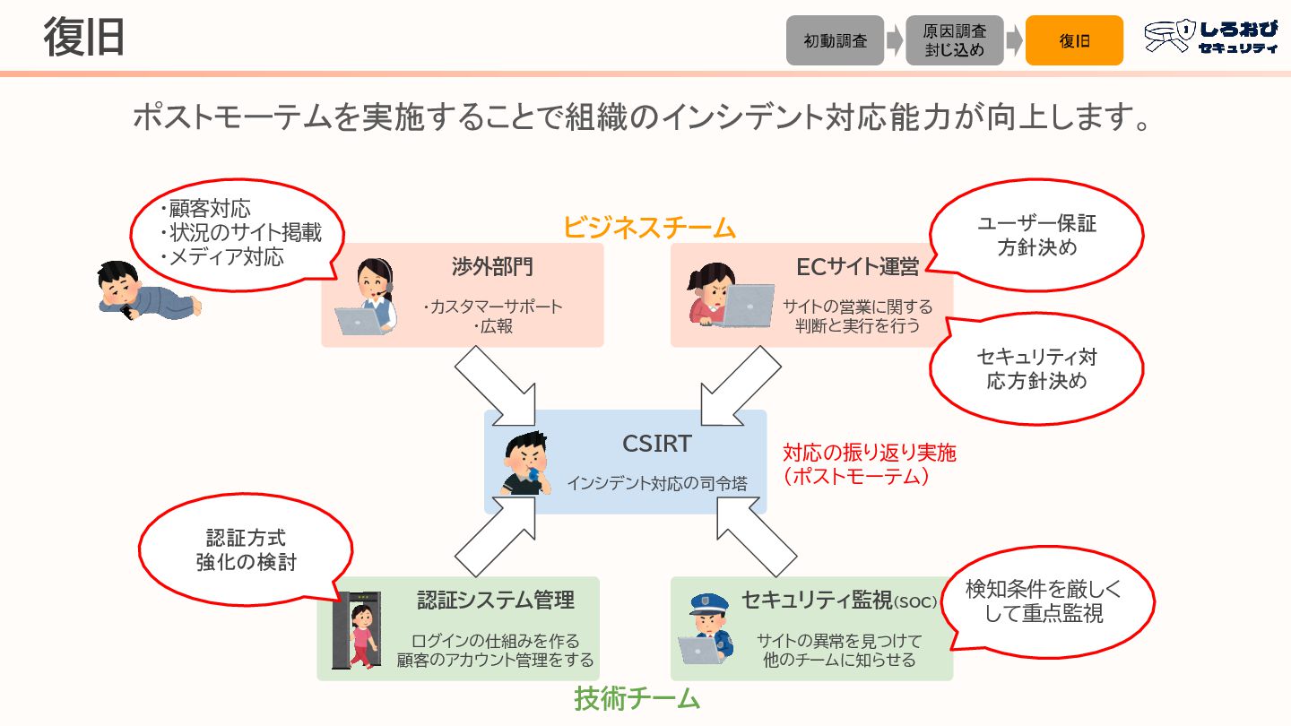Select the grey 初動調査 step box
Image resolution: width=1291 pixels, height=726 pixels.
[x=835, y=40]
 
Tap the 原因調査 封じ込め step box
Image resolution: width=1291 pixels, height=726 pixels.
[x=954, y=40]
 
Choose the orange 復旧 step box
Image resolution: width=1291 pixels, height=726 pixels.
[x=1074, y=40]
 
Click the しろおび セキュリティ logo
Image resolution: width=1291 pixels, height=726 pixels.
[x=1211, y=39]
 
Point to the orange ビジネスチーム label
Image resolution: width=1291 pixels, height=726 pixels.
[x=649, y=228]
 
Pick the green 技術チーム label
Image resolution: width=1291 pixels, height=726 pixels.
[x=637, y=698]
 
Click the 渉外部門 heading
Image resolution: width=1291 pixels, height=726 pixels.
[x=493, y=267]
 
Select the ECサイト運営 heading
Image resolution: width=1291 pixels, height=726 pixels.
[x=857, y=267]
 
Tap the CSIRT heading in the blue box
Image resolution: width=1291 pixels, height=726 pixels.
[x=657, y=444]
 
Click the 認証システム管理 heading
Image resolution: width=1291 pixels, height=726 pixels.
[x=495, y=600]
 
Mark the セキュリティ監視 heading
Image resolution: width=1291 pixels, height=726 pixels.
[x=839, y=601]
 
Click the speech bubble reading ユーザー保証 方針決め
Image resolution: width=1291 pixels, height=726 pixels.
[x=1036, y=236]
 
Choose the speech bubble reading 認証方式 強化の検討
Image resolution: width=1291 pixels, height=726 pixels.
[x=246, y=549]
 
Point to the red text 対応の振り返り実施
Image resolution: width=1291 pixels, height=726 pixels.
[x=869, y=452]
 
